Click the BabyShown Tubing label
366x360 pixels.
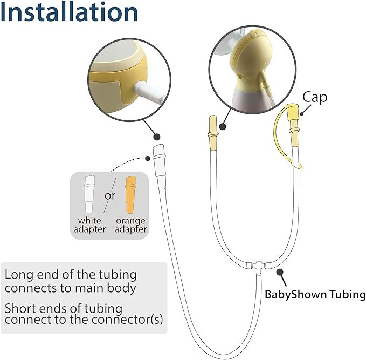pos(315,295)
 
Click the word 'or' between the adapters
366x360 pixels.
pos(110,195)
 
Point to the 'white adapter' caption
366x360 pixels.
pos(89,225)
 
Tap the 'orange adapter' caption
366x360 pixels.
pos(130,225)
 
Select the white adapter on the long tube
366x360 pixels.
pos(160,160)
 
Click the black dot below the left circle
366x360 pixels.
pos(157,137)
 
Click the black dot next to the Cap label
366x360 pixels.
pos(302,113)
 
